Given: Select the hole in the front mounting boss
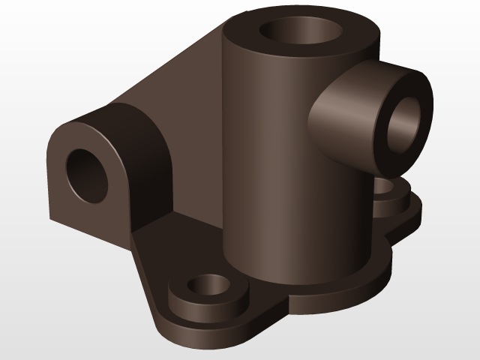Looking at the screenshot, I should tap(208, 286).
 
